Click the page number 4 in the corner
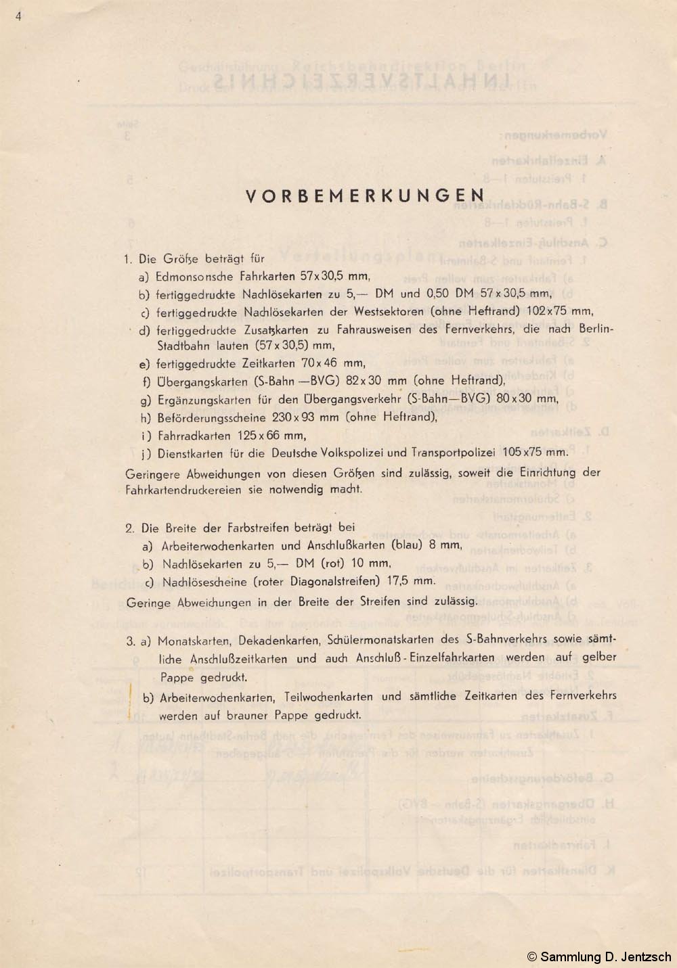[x=18, y=17]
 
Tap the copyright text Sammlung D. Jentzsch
[x=599, y=957]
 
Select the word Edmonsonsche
[x=194, y=276]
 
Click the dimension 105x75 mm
[x=539, y=452]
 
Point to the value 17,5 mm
[x=413, y=580]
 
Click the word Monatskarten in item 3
[x=188, y=640]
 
